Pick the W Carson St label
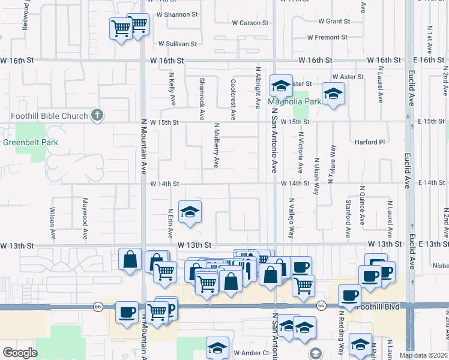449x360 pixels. click(250, 23)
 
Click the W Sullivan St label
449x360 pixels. click(178, 44)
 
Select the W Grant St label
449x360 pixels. click(334, 22)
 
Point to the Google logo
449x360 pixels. click(20, 353)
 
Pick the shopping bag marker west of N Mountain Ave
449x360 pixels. click(130, 260)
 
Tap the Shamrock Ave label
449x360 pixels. click(202, 98)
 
